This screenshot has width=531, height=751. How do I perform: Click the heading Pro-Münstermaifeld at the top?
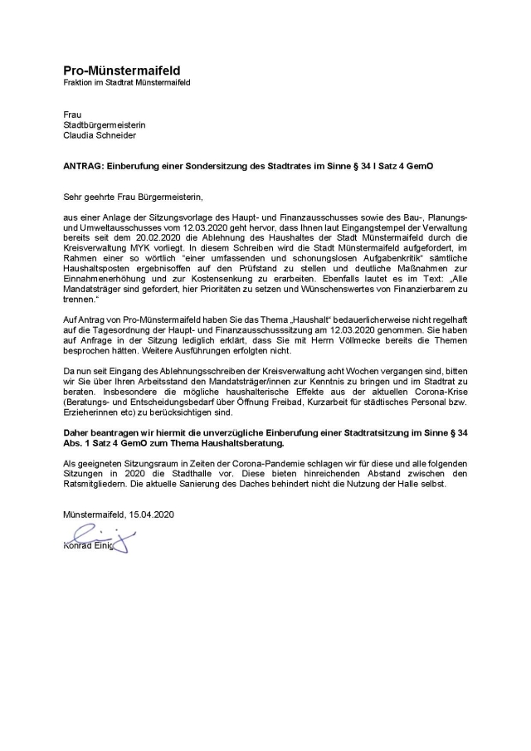(121, 71)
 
